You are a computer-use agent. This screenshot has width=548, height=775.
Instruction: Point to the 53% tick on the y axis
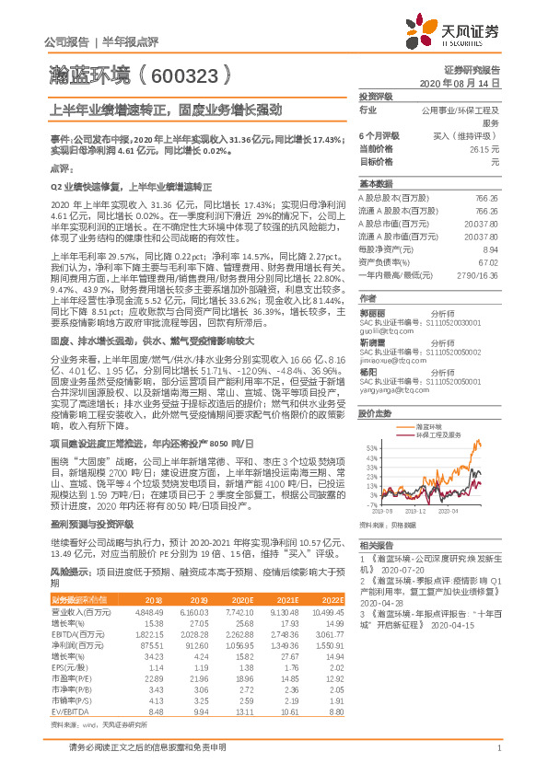[370, 448]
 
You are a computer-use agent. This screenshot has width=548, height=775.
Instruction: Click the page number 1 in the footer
[498, 757]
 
